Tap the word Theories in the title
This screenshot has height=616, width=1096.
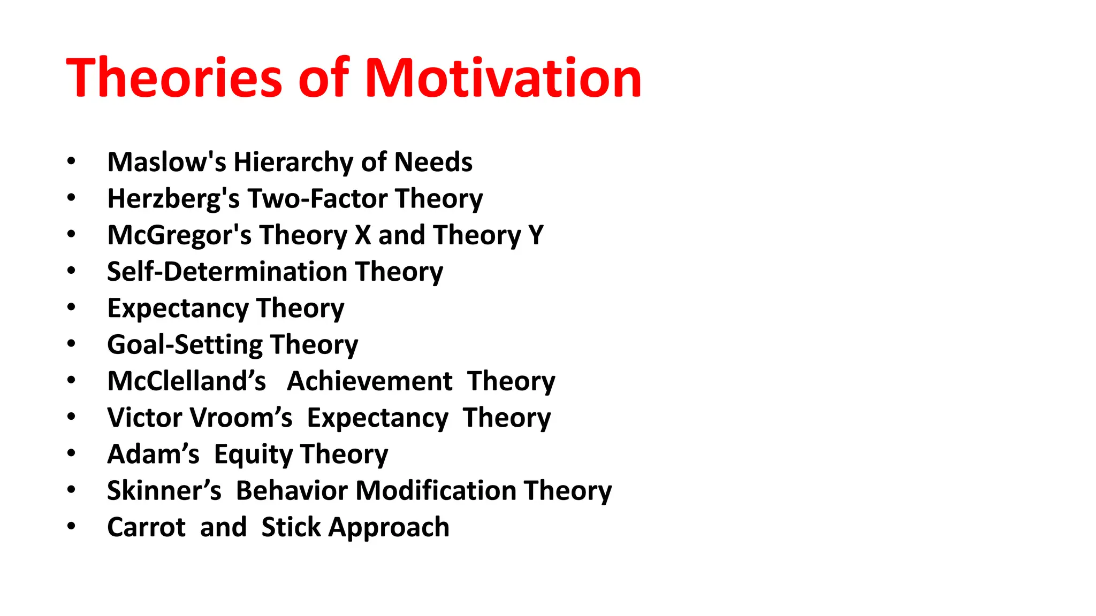[x=174, y=78]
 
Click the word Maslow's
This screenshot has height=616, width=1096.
[x=166, y=162]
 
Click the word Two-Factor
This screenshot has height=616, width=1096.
[x=317, y=198]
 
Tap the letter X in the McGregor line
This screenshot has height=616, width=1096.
[x=363, y=235]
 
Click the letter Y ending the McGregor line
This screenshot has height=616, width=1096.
[x=536, y=235]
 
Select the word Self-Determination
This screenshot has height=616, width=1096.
[x=227, y=272]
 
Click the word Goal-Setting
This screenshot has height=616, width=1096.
[x=185, y=345]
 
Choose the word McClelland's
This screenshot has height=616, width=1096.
[x=186, y=381]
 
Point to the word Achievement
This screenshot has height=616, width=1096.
[x=370, y=381]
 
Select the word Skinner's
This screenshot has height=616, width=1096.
[x=164, y=491]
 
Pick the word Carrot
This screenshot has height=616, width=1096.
[x=146, y=527]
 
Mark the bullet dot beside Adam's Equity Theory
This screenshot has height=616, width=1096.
[x=71, y=453]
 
